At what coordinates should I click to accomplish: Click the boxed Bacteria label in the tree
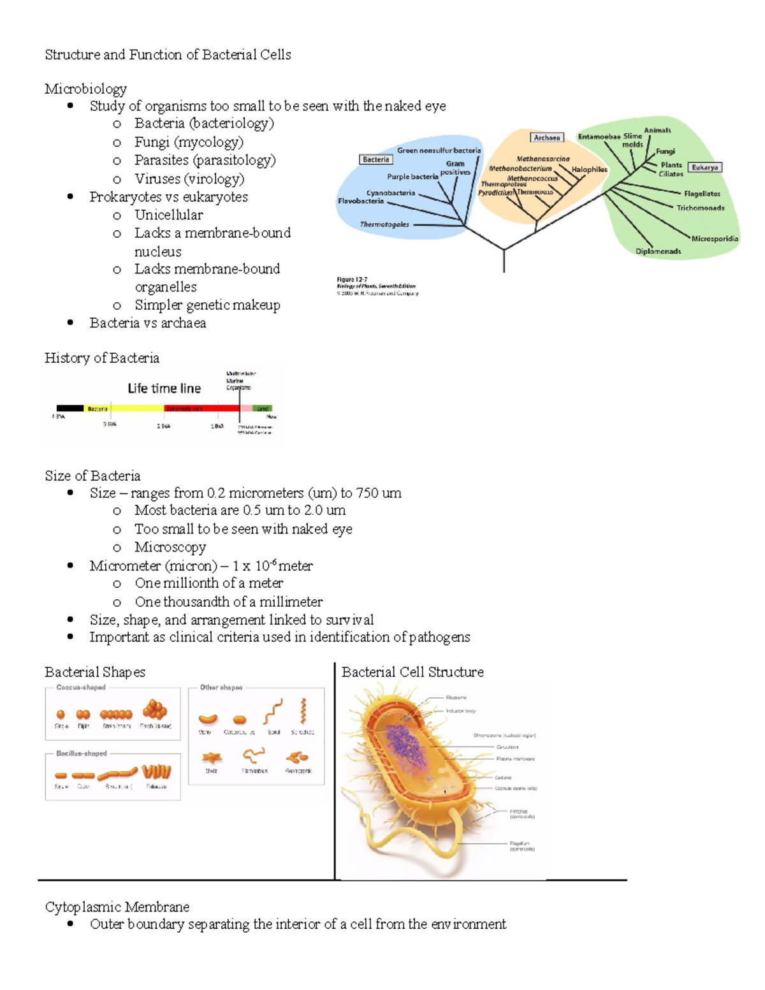point(375,159)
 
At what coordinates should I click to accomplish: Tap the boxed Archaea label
point(546,137)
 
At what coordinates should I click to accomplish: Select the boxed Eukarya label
point(704,167)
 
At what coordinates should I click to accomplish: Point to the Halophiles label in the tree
point(589,170)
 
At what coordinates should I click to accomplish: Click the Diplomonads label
point(658,251)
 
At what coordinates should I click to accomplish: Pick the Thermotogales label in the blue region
point(384,224)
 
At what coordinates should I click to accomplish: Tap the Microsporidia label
point(715,238)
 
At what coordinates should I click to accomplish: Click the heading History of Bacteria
point(102,358)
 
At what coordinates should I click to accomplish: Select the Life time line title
point(164,388)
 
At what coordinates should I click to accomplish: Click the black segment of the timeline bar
point(70,408)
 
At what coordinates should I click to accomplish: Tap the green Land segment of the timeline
point(263,408)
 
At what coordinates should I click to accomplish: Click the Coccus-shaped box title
point(81,687)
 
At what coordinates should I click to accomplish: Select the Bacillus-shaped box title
point(81,753)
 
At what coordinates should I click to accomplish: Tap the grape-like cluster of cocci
point(155,709)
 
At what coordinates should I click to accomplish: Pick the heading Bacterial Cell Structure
point(412,672)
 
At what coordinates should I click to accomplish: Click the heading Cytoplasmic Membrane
point(117,906)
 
